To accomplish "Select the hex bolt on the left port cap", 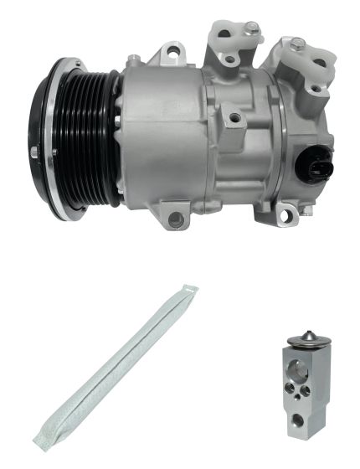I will [x=250, y=28].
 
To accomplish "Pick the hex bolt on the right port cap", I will [x=297, y=44].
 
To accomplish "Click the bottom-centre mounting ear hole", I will [x=176, y=219].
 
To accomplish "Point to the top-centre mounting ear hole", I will [x=173, y=54].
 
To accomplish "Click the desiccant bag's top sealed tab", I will [x=189, y=292].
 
